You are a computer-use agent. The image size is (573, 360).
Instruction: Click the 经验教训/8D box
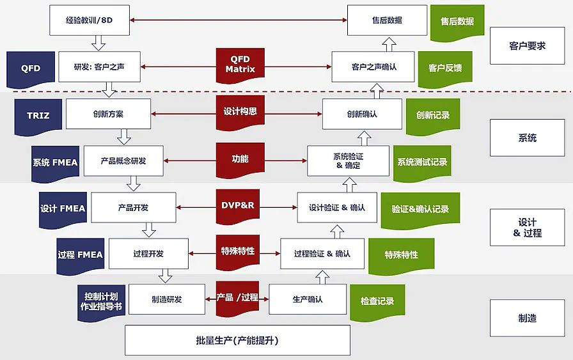pos(90,20)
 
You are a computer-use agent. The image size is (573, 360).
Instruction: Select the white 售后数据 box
pos(387,20)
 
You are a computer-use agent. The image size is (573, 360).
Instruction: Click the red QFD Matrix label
pos(240,65)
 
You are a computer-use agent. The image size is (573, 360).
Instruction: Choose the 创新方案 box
pos(108,114)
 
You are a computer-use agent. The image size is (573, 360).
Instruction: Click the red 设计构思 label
pos(240,111)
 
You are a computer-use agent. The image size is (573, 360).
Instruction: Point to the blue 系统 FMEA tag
pos(55,162)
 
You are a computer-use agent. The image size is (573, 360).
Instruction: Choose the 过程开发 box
pos(148,254)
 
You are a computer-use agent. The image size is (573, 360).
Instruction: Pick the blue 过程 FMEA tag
pos(80,254)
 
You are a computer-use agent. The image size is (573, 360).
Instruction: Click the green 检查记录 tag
pos(377,301)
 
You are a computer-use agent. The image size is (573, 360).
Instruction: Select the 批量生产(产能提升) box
pos(237,340)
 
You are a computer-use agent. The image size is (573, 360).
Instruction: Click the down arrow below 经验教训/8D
pos(98,43)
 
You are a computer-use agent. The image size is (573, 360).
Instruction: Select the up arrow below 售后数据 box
pos(389,43)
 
